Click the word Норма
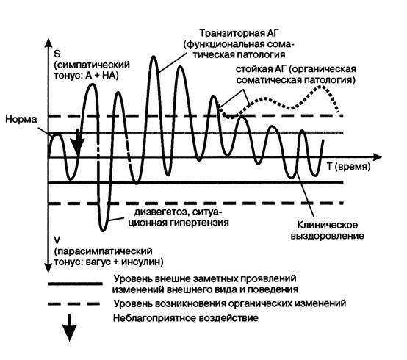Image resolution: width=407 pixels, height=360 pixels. [21, 120]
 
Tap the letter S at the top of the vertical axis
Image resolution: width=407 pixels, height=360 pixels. [57, 54]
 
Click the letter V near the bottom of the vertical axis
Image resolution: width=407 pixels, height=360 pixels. [57, 240]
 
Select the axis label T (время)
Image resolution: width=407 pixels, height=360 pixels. [348, 167]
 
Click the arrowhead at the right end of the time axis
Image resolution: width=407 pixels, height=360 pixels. [378, 156]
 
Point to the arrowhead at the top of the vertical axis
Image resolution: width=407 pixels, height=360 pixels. [48, 43]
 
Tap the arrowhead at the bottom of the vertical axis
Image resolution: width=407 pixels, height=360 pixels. [48, 267]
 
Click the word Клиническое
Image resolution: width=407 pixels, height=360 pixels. [327, 225]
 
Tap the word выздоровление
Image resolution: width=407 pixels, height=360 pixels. [327, 236]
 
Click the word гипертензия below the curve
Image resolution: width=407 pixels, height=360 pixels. [198, 223]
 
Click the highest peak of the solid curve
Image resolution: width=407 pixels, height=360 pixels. [154, 57]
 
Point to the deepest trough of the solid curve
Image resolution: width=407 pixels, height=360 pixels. [104, 230]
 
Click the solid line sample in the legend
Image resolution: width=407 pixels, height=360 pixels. [75, 284]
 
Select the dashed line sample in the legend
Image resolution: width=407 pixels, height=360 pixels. [73, 303]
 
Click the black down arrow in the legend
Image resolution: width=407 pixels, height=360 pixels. [69, 328]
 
